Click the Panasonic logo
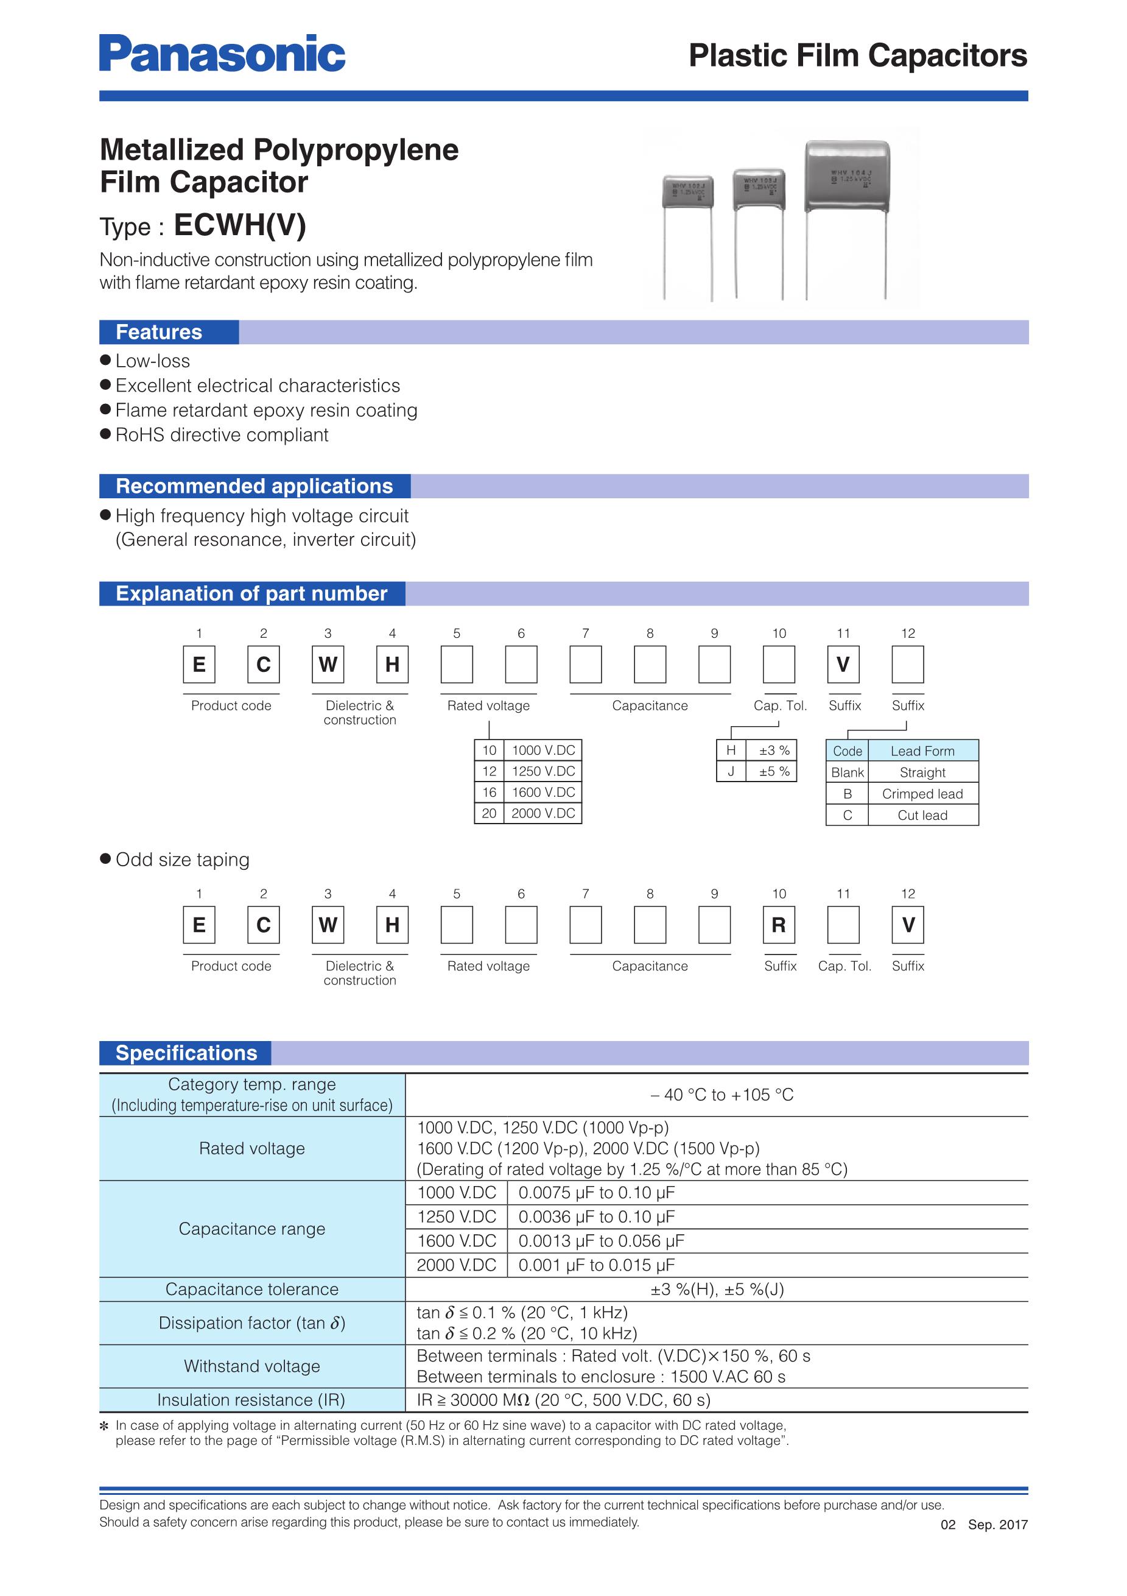pyautogui.click(x=222, y=54)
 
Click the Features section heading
pyautogui.click(x=159, y=332)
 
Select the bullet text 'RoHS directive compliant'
pyautogui.click(x=222, y=435)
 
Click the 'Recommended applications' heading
pyautogui.click(x=255, y=486)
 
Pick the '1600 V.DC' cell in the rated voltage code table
pyautogui.click(x=543, y=793)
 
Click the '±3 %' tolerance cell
pyautogui.click(x=773, y=750)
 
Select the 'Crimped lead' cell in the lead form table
pyautogui.click(x=922, y=794)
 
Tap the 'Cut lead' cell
pyautogui.click(x=922, y=816)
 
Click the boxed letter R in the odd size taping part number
pyautogui.click(x=779, y=925)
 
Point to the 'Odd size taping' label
pyautogui.click(x=182, y=860)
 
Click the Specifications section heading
pyautogui.click(x=186, y=1053)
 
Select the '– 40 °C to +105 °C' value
pyautogui.click(x=722, y=1095)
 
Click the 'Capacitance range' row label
pyautogui.click(x=251, y=1229)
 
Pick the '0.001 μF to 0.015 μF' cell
pyautogui.click(x=596, y=1265)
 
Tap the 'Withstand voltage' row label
pyautogui.click(x=251, y=1366)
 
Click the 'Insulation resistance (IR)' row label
pyautogui.click(x=251, y=1400)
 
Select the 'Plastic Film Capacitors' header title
pyautogui.click(x=857, y=55)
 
